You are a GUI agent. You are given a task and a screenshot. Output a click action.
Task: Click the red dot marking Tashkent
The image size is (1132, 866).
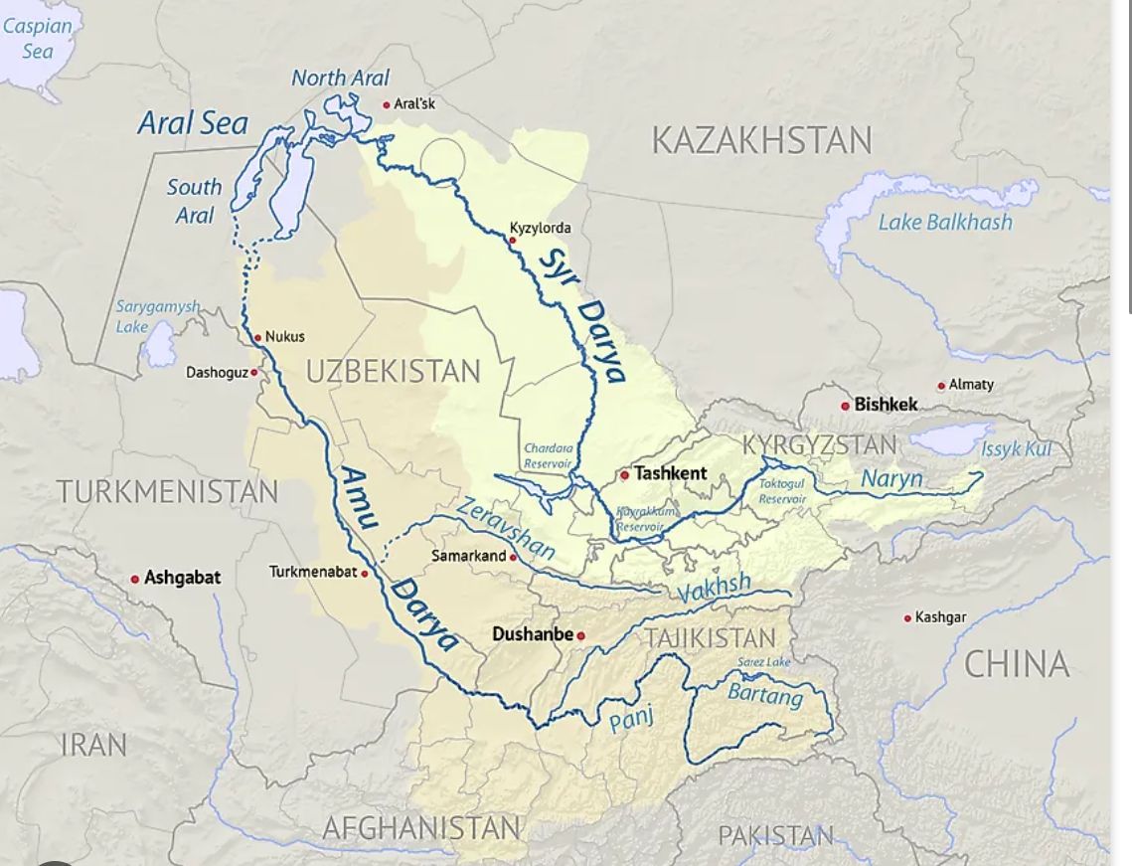(624, 474)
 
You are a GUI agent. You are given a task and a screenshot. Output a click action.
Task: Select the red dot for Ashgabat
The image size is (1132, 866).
(135, 579)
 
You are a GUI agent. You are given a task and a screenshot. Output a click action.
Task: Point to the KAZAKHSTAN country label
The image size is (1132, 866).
(761, 140)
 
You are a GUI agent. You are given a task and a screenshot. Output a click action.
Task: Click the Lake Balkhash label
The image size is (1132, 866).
(944, 222)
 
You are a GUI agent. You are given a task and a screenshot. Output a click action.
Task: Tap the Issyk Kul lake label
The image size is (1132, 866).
(1016, 449)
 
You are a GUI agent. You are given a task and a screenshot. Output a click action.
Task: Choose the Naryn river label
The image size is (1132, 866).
(891, 479)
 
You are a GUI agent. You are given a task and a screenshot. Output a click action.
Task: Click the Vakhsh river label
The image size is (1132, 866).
(714, 591)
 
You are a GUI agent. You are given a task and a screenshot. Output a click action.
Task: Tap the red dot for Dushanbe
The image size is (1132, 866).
(581, 636)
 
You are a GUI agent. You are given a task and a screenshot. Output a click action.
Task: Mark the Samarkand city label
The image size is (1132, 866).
(468, 556)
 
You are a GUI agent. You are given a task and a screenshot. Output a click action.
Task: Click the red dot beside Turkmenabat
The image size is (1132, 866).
(365, 574)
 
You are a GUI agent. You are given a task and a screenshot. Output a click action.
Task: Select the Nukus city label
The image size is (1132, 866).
(285, 337)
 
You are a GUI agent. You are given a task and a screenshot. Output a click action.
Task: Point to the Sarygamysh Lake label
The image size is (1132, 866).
(157, 316)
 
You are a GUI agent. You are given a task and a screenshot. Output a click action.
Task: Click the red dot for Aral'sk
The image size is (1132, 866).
(387, 104)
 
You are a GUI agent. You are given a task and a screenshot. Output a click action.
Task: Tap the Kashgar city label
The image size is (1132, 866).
(940, 617)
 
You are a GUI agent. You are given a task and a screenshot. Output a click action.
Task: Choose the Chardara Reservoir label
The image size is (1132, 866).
(548, 456)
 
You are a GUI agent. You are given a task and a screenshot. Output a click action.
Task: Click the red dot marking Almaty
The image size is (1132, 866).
(941, 386)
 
